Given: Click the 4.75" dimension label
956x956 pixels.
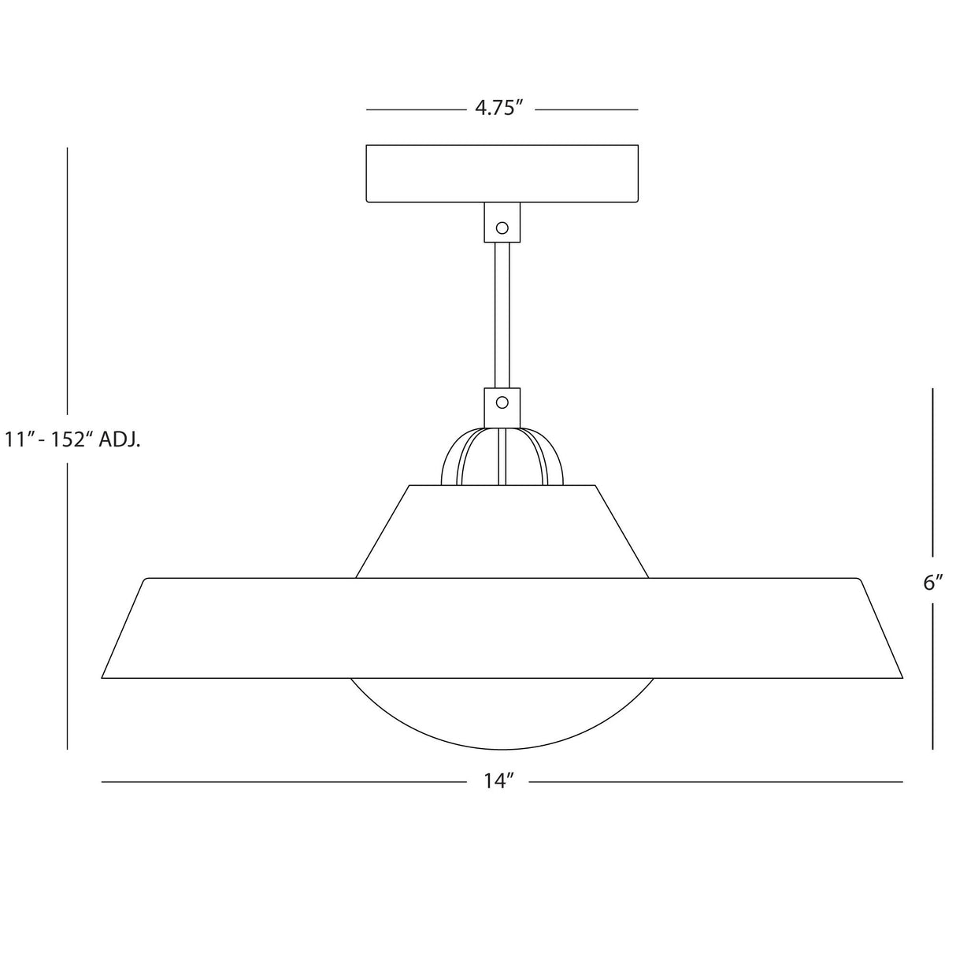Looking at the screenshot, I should click(x=499, y=109).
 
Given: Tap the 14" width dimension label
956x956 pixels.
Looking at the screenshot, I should click(x=498, y=781).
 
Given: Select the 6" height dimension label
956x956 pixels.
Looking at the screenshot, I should click(x=933, y=584).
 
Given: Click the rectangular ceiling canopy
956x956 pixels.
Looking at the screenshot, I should click(x=502, y=173).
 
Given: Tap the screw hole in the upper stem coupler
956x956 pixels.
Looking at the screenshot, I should click(x=502, y=228).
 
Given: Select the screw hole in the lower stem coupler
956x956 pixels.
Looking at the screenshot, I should click(x=502, y=402).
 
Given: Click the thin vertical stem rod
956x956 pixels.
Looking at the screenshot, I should click(x=502, y=315).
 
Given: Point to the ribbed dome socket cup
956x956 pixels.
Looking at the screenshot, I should click(x=502, y=457).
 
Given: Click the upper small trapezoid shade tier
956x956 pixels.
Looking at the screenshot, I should click(x=502, y=532).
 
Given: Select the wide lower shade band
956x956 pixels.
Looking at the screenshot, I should click(x=502, y=628).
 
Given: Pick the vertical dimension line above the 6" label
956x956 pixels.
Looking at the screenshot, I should click(x=933, y=472).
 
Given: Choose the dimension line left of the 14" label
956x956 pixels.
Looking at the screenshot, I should click(x=283, y=782).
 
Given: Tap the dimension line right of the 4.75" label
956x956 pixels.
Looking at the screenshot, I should click(x=587, y=109).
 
